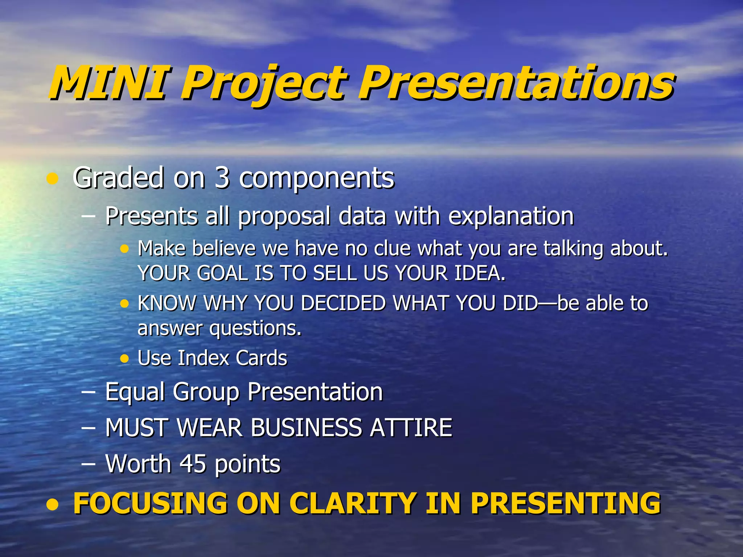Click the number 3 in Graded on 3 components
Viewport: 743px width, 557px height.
[222, 178]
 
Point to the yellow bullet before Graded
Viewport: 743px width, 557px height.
[53, 178]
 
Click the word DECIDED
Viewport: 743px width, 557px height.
[343, 303]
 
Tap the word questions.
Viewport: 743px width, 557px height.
[255, 329]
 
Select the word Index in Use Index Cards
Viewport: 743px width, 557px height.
[204, 358]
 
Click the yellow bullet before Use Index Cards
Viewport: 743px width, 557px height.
[124, 359]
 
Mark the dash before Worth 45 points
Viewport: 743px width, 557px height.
[89, 464]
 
